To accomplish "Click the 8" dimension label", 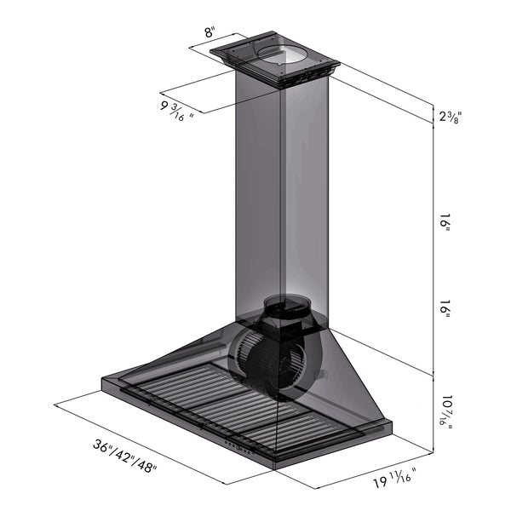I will [x=209, y=34].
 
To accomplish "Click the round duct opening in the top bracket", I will [x=283, y=57].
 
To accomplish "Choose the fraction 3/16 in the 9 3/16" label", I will [x=178, y=111].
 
